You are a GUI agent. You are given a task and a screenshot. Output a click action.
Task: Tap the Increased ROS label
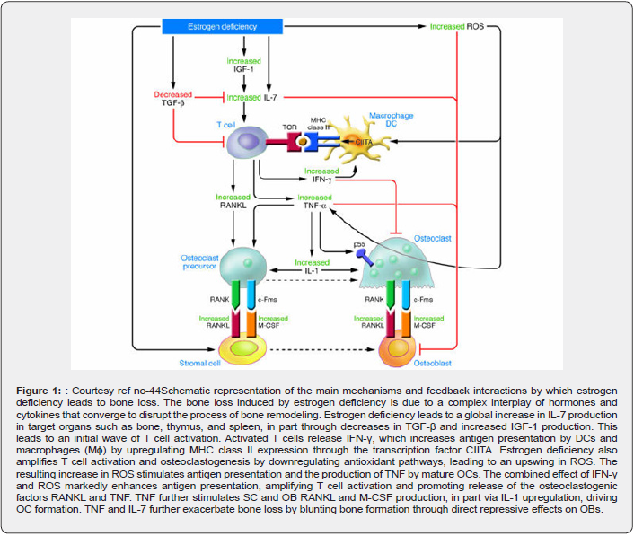tap(459, 27)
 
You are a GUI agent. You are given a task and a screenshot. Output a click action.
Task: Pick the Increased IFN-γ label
tap(321, 175)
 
